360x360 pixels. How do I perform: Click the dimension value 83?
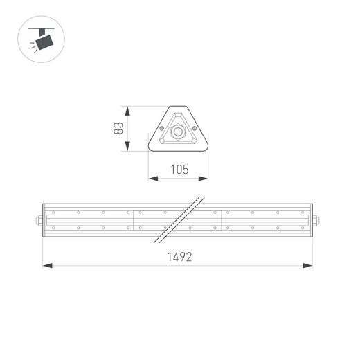[x=119, y=128]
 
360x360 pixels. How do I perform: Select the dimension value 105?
[x=179, y=169]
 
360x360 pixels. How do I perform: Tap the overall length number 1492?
[x=179, y=256]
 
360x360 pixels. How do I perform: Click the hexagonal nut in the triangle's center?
[x=179, y=132]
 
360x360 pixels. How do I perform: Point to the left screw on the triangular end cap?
[x=162, y=129]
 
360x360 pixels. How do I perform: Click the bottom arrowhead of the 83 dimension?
[x=127, y=146]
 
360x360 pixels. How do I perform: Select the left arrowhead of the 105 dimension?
[x=153, y=179]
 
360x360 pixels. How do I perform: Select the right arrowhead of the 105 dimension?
[x=204, y=179]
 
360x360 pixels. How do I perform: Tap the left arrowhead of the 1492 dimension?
[x=46, y=264]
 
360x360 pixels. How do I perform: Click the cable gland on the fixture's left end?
[x=39, y=222]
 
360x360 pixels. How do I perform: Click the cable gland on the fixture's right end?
[x=316, y=222]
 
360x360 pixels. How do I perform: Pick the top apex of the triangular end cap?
[x=179, y=107]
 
